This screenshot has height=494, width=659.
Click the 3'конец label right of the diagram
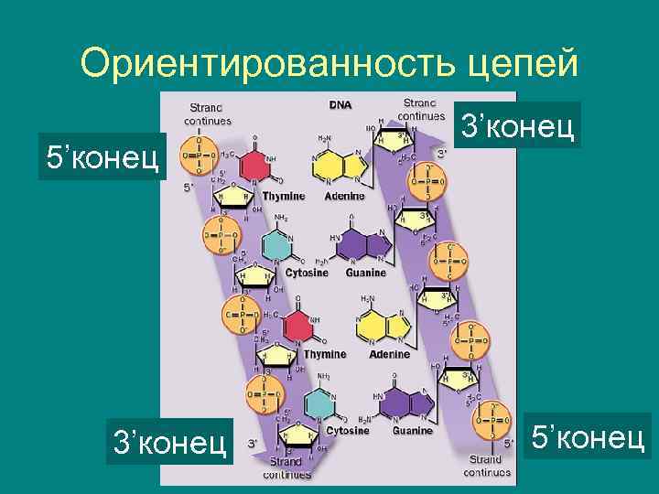[519, 125]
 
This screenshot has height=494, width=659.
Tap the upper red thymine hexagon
[259, 167]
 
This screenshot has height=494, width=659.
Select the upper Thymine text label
[284, 197]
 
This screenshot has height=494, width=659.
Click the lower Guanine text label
[413, 430]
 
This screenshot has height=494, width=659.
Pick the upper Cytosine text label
[307, 274]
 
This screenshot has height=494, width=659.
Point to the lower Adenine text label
[389, 353]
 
